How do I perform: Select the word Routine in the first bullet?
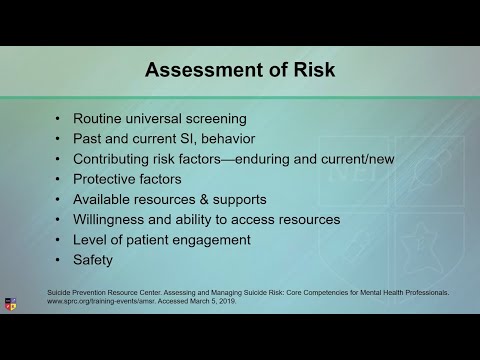point(104,118)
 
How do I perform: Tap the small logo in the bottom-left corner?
point(11,304)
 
